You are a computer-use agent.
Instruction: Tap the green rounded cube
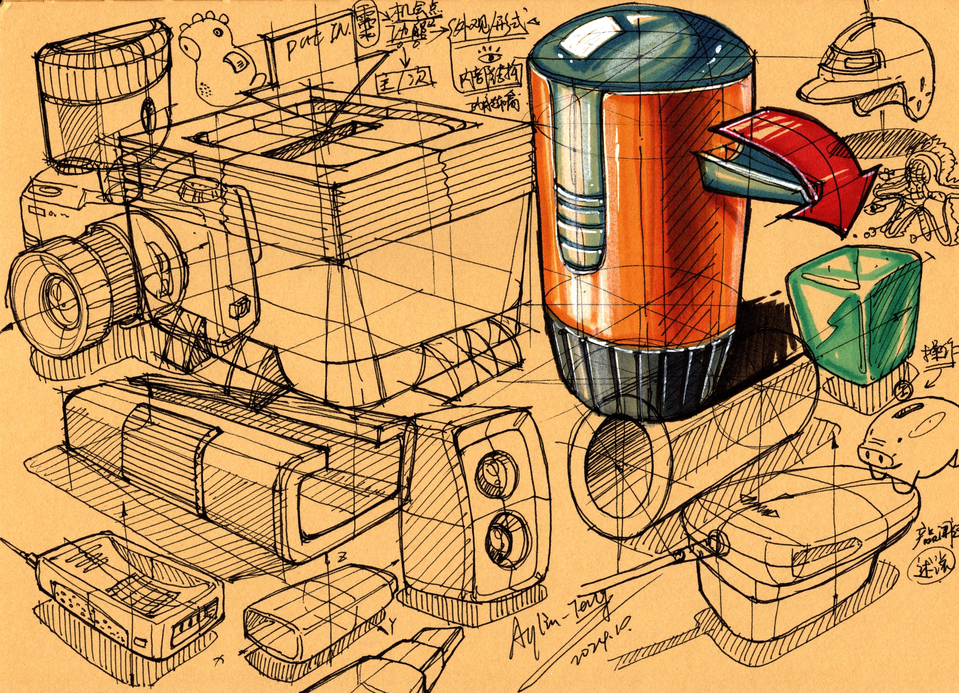click(x=854, y=317)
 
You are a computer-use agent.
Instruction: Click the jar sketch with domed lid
click(x=104, y=93)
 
